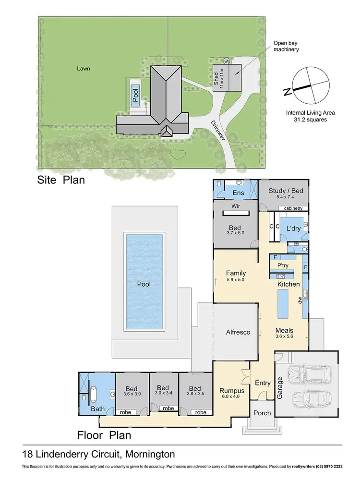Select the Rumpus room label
(x=231, y=391)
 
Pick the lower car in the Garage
(x=310, y=399)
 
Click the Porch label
(x=262, y=413)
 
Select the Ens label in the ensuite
(x=239, y=193)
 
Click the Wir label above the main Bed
(x=236, y=207)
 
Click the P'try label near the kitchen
(x=283, y=265)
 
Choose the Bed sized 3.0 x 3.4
(x=163, y=391)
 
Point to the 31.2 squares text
(x=310, y=120)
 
